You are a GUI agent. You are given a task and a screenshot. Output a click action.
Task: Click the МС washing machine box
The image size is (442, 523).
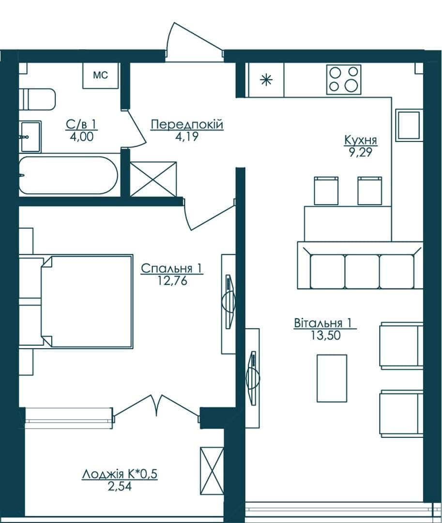click(x=100, y=76)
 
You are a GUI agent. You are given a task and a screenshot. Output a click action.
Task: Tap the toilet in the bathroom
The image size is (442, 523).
click(x=37, y=99)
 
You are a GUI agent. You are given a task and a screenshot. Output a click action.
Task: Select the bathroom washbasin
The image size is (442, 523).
click(x=30, y=137)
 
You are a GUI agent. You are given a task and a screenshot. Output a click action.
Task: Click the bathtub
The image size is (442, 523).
click(x=68, y=175)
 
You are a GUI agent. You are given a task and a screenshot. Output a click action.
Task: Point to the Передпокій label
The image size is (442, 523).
click(x=187, y=125)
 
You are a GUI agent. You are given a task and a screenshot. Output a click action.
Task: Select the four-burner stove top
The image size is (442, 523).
click(x=344, y=79)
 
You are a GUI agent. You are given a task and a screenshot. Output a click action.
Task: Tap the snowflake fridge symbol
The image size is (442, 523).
click(x=266, y=80)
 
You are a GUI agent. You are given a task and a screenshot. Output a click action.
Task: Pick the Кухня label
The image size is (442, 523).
click(x=361, y=140)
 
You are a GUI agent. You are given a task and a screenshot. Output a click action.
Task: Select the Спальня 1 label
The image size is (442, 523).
click(x=172, y=268)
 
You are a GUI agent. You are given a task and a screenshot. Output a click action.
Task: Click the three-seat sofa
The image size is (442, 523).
click(x=360, y=265)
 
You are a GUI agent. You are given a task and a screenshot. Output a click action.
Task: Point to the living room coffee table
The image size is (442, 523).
click(x=332, y=378)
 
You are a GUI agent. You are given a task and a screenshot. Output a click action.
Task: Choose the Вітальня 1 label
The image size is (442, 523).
click(x=323, y=323)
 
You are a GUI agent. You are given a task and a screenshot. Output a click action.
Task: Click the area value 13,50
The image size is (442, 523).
click(x=326, y=336)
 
